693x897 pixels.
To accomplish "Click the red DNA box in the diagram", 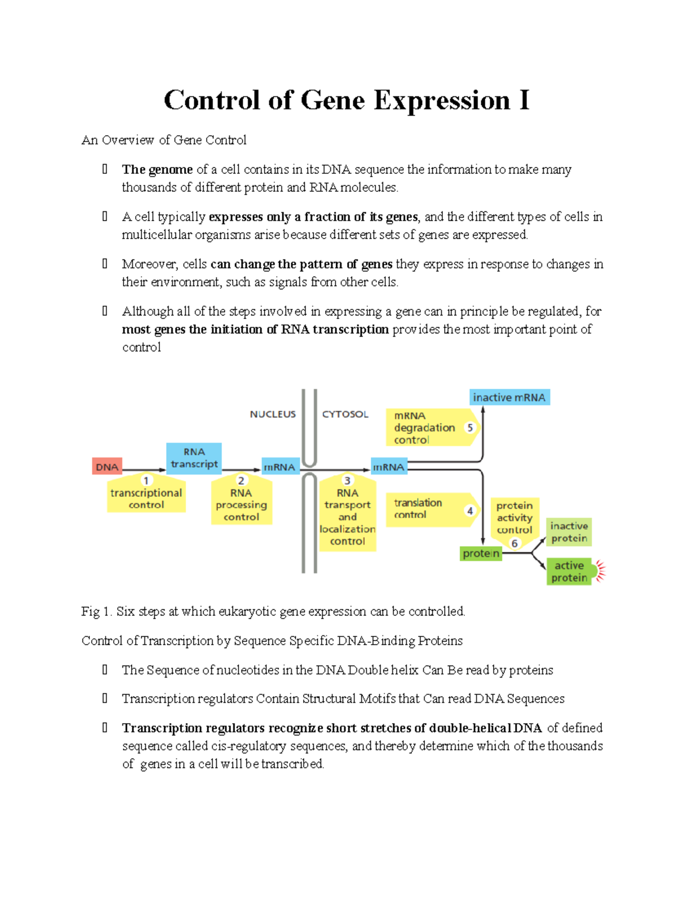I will (x=107, y=466).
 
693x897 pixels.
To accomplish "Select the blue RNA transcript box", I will (x=194, y=458).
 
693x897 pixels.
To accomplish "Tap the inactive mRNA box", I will (x=509, y=397).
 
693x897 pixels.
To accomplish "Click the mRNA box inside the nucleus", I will (x=280, y=467).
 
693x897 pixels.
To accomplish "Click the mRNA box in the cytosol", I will (x=389, y=467).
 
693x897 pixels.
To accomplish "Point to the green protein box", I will (x=480, y=553).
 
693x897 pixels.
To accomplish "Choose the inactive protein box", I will (x=569, y=532).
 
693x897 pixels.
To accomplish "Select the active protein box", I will (x=569, y=571).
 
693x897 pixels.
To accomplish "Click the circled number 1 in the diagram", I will (x=146, y=481).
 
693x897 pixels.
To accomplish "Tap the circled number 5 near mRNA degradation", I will (x=470, y=427).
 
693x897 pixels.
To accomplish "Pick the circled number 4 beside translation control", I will (x=470, y=511).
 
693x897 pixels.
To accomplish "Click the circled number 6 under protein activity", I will (x=514, y=544).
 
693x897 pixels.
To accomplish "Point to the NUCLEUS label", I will (x=273, y=414).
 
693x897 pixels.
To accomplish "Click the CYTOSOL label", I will (x=345, y=414).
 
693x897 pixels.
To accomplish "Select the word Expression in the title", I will (x=442, y=100).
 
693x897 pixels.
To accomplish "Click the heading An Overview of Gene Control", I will (x=164, y=140).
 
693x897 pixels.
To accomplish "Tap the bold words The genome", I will (x=157, y=169).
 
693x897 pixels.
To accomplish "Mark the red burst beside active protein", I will (x=601, y=571).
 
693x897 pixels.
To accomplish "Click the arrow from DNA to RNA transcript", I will (x=144, y=470).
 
